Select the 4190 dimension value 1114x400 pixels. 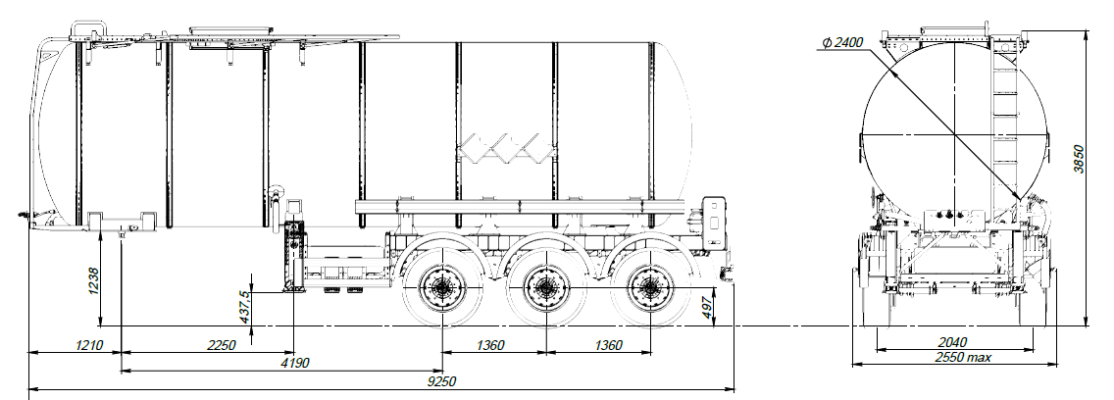295,363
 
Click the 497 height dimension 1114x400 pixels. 708,308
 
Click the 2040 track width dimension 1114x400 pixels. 951,341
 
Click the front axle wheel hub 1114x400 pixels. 442,289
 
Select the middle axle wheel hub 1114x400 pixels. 544,289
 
